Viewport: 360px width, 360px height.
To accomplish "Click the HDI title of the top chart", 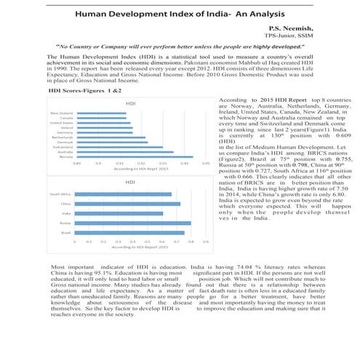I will tap(130, 105).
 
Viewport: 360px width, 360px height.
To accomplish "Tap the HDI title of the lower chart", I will tap(130, 181).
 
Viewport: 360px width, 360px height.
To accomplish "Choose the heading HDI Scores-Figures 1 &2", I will tap(84, 92).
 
